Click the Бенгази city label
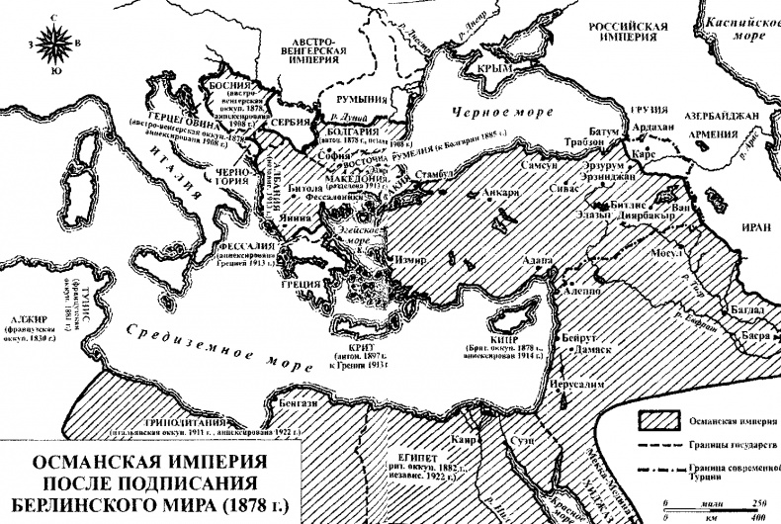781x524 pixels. pyautogui.click(x=297, y=403)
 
